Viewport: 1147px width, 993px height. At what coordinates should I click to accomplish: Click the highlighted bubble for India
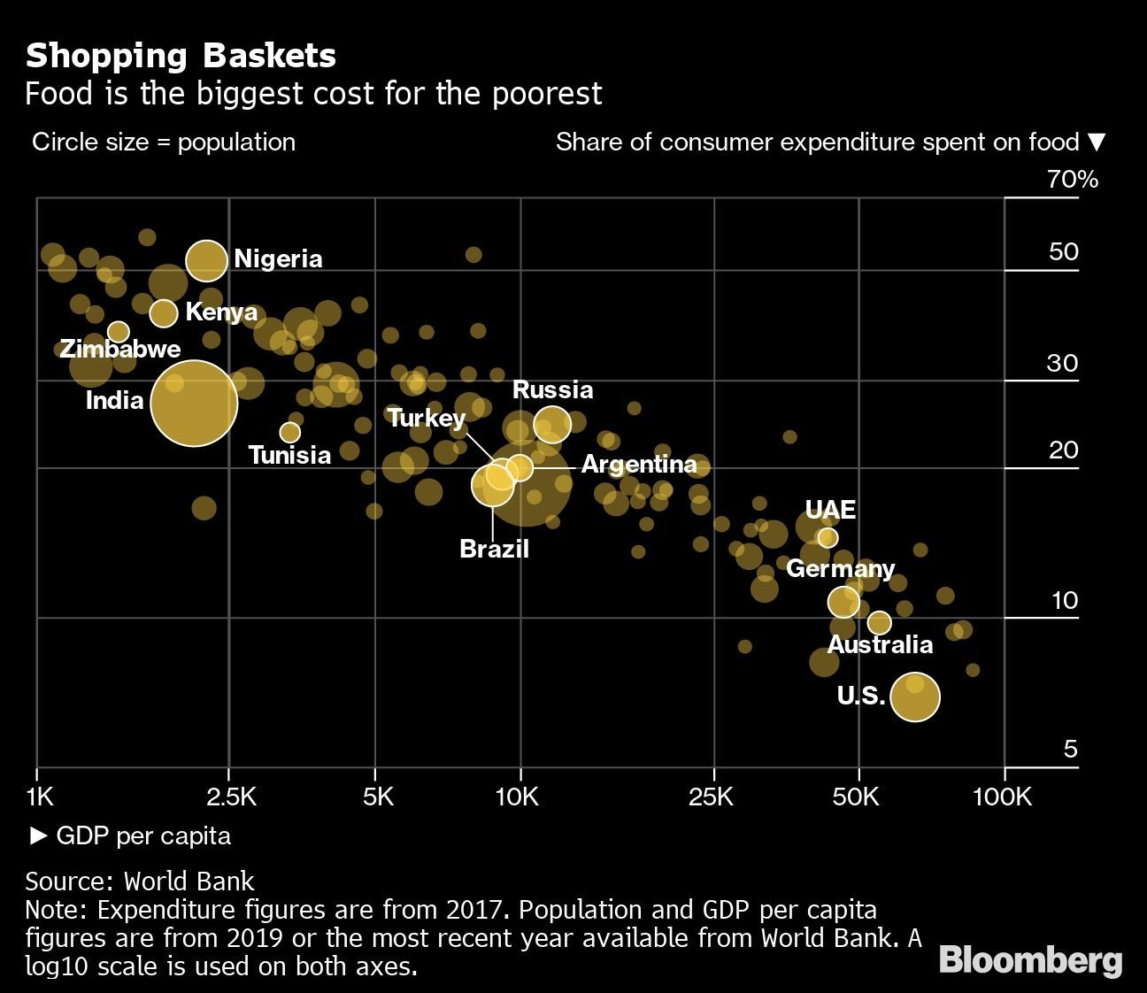click(194, 404)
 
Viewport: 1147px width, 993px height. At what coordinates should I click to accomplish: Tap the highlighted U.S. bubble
click(914, 697)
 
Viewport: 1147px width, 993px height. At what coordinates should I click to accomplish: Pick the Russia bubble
click(552, 424)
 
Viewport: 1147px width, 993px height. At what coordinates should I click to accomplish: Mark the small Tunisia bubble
click(289, 432)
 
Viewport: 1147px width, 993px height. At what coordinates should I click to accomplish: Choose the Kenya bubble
click(164, 312)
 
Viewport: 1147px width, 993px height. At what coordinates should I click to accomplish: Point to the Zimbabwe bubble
click(118, 332)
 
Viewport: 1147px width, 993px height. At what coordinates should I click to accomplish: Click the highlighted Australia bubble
click(879, 622)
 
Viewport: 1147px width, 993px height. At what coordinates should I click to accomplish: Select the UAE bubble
click(828, 537)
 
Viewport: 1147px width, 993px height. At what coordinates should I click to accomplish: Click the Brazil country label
click(494, 549)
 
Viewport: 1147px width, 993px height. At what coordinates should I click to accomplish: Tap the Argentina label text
click(639, 464)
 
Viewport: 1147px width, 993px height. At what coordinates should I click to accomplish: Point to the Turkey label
click(427, 418)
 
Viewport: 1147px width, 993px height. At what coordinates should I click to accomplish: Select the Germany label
click(840, 568)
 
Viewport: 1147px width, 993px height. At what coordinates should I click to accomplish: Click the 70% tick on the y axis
click(1073, 180)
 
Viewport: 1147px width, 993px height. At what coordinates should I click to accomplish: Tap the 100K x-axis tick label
click(1002, 797)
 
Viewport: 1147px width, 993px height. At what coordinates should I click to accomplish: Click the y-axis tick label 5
click(1070, 750)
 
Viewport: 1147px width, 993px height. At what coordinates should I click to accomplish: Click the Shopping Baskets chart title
click(181, 56)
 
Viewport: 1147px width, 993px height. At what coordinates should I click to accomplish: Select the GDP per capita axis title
click(142, 835)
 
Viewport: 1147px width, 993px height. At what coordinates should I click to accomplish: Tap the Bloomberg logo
click(1031, 960)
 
